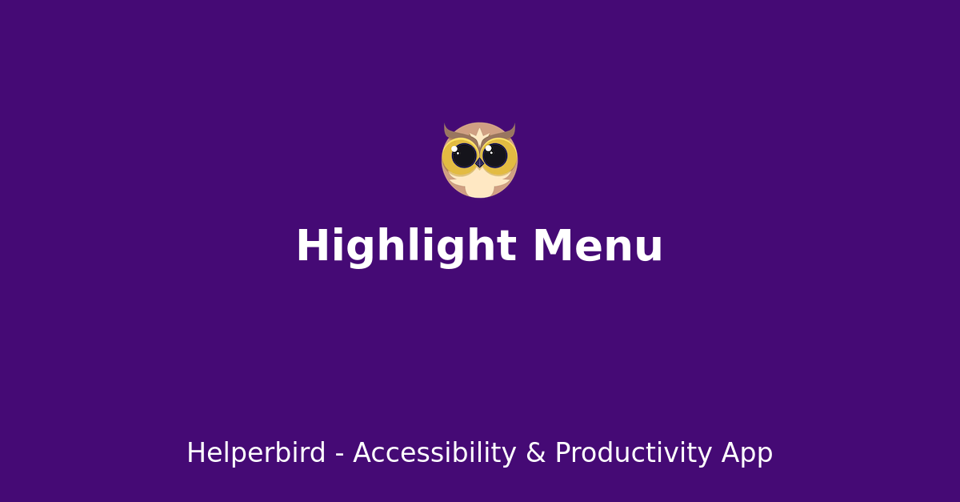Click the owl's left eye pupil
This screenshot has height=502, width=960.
[464, 155]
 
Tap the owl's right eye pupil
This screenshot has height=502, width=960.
[495, 155]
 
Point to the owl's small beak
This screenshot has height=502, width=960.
[479, 163]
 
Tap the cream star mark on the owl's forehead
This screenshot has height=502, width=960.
[480, 135]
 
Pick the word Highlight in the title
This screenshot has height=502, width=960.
[406, 247]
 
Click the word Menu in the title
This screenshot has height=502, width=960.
[598, 247]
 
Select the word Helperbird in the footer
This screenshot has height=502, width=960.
[256, 454]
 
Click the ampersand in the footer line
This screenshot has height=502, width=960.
[535, 454]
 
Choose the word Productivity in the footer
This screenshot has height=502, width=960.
[633, 454]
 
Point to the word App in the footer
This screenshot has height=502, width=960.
[746, 454]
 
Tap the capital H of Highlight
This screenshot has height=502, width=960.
[310, 247]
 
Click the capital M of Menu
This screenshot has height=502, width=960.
[552, 247]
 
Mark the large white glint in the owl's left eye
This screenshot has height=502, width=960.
[454, 149]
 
